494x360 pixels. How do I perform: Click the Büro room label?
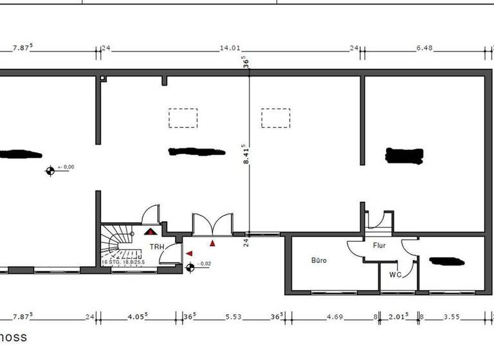[319, 260]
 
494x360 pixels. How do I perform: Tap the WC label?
[396, 274]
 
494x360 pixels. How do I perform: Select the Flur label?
[378, 245]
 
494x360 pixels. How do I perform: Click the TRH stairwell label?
[156, 246]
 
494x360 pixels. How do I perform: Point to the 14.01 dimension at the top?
[230, 48]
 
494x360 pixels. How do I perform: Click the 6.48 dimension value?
[425, 48]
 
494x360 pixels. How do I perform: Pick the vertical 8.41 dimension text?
[246, 154]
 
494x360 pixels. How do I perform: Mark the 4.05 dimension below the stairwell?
[138, 316]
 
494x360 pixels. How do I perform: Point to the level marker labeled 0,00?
[50, 170]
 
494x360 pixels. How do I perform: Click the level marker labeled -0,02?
[190, 267]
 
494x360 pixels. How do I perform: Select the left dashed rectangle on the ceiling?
[183, 118]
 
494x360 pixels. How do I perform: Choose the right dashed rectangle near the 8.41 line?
[275, 118]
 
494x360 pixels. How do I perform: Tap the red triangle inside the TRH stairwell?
[151, 231]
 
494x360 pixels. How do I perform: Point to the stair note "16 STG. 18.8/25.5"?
[123, 262]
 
